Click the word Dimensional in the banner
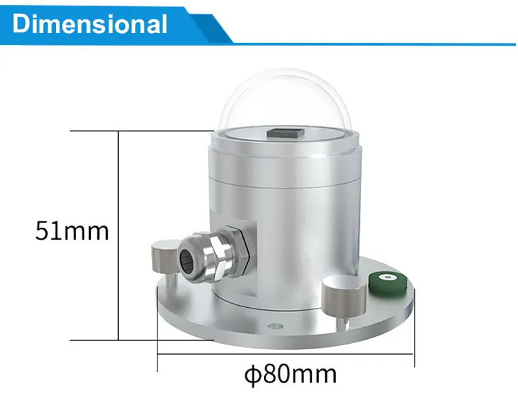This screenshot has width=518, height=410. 90,24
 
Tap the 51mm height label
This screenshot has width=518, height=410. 72,231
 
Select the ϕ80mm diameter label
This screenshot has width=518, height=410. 290,375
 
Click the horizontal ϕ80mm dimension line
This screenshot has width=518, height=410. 286,355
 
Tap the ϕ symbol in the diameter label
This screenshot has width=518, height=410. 251,375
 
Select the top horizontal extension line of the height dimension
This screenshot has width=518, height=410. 138,130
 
